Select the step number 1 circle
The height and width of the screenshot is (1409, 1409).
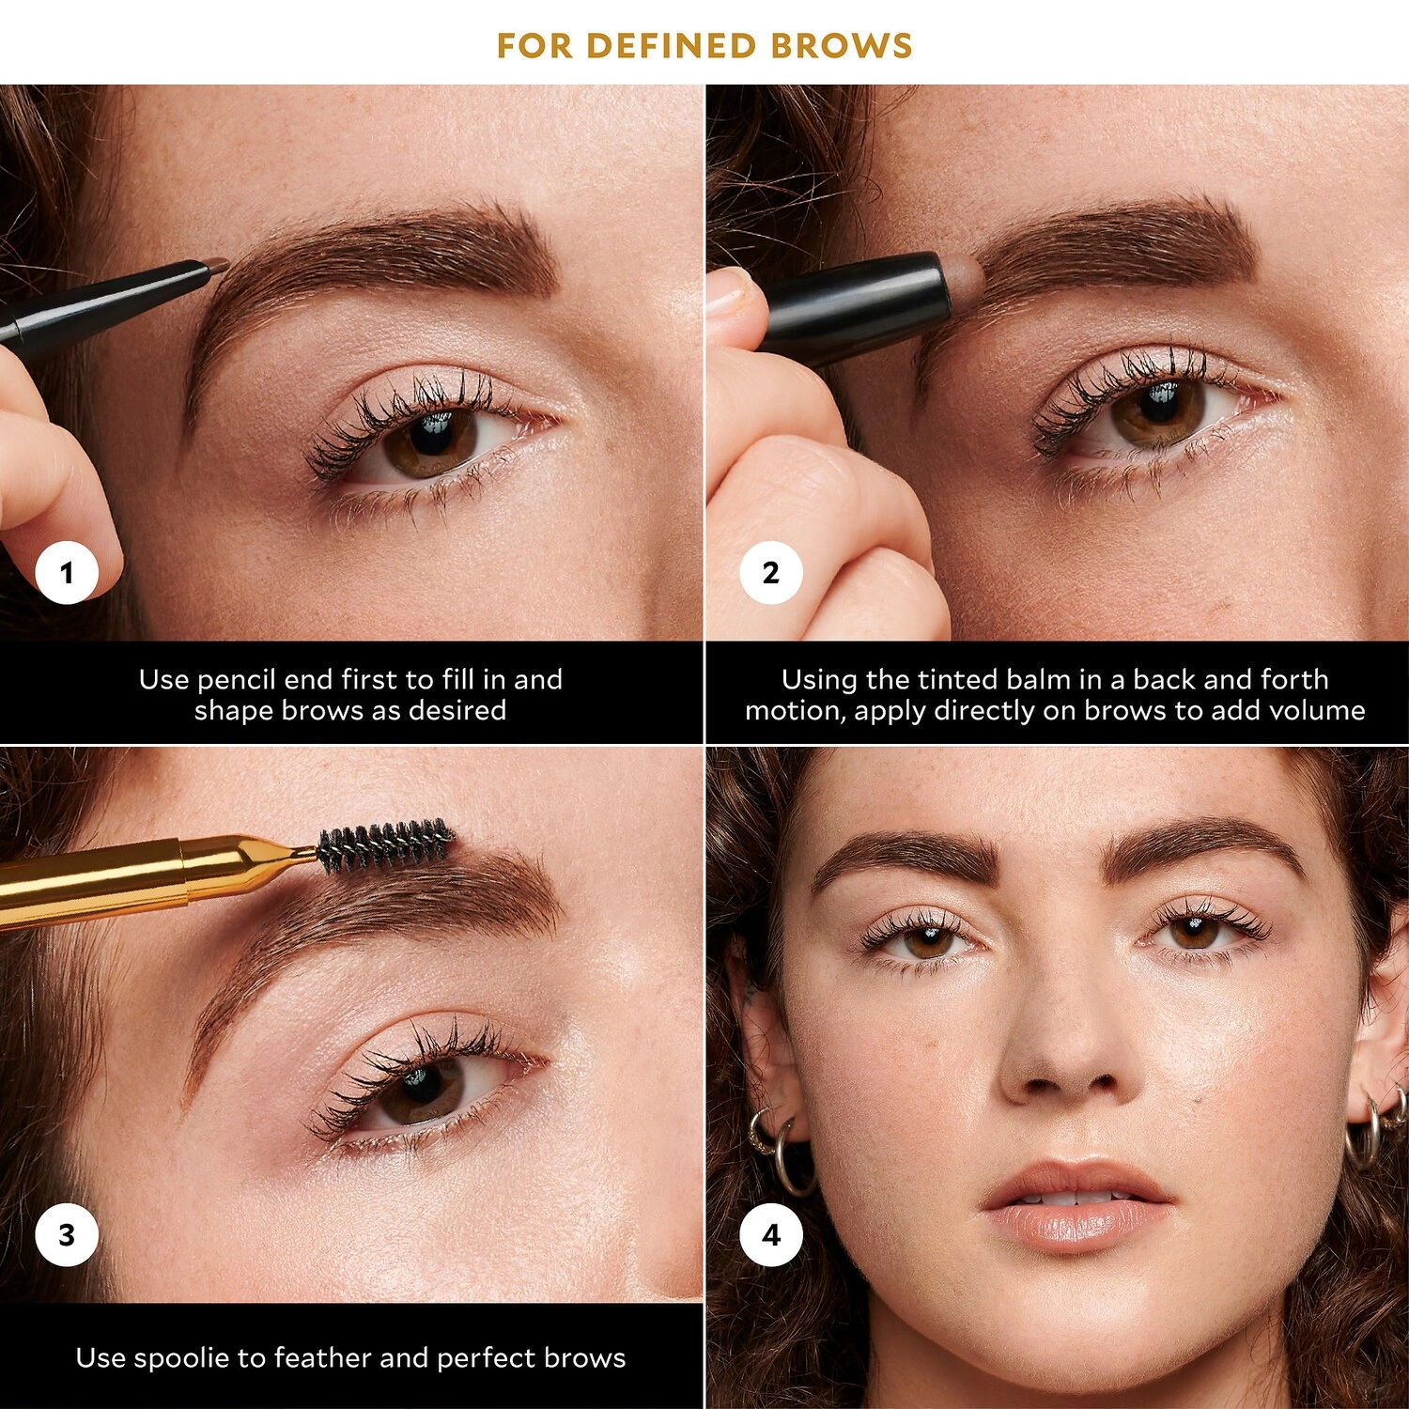pyautogui.click(x=67, y=572)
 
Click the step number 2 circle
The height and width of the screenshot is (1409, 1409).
pyautogui.click(x=771, y=572)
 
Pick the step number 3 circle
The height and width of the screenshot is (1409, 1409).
pyautogui.click(x=67, y=1234)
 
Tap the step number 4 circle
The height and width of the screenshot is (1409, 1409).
pyautogui.click(x=771, y=1234)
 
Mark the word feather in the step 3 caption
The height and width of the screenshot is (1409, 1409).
pyautogui.click(x=311, y=1358)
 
